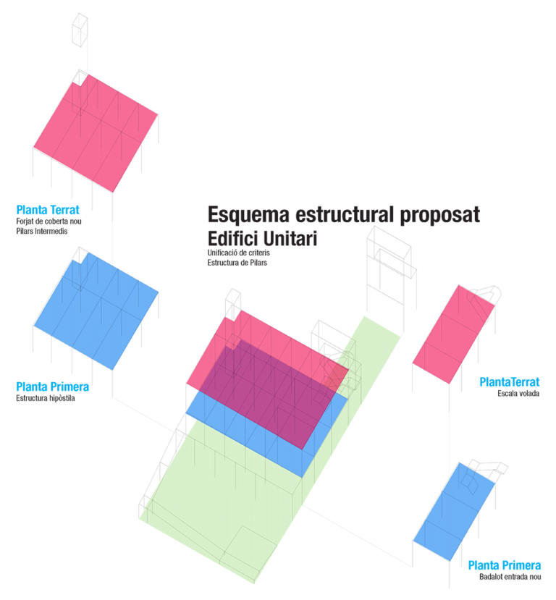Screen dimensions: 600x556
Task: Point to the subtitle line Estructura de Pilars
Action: (x=237, y=263)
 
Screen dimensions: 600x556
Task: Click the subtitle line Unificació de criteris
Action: (x=238, y=253)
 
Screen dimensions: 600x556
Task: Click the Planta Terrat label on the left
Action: (x=48, y=210)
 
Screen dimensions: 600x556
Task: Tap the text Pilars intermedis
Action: (x=41, y=232)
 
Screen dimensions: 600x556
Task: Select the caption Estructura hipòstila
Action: (x=45, y=397)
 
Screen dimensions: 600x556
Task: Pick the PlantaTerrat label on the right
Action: (x=510, y=382)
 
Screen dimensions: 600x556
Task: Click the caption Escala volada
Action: (x=518, y=394)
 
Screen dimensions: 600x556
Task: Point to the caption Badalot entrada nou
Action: (x=510, y=577)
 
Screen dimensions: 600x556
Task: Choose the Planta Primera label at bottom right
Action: (x=505, y=565)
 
